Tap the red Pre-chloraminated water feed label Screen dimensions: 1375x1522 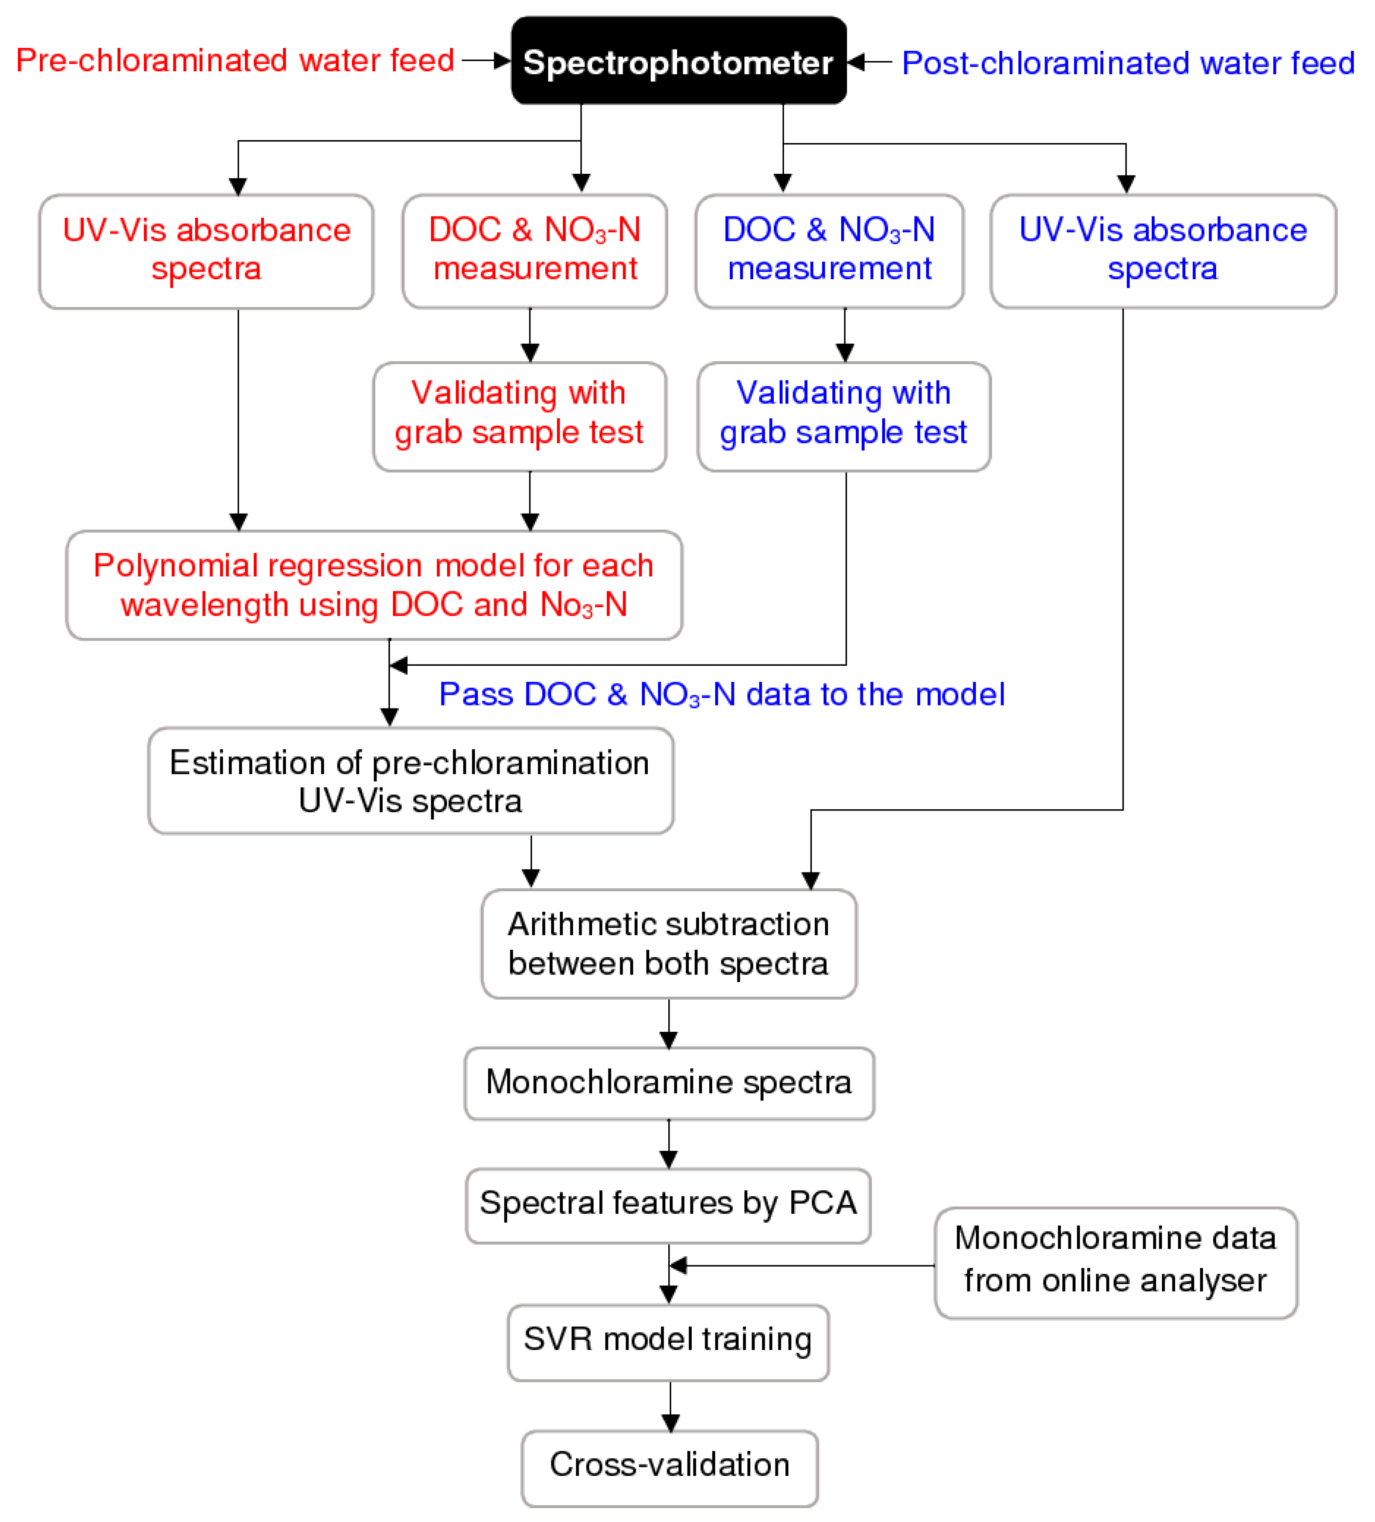pos(235,60)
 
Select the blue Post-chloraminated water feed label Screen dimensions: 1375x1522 pos(1128,63)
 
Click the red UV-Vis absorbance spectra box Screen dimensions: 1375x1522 pos(206,252)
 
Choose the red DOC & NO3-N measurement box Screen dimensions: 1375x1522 pos(535,252)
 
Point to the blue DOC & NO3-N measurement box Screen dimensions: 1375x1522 pos(829,252)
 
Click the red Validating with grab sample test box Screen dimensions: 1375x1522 pos(520,417)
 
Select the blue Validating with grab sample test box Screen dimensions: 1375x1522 pos(844,417)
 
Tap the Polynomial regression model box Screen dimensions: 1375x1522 pos(374,585)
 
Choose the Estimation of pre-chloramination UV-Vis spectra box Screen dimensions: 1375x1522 pos(411,781)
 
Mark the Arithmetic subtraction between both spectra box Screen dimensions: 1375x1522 pos(669,944)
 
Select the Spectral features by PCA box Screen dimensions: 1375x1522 pos(668,1206)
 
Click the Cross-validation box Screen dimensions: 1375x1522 pos(670,1468)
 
